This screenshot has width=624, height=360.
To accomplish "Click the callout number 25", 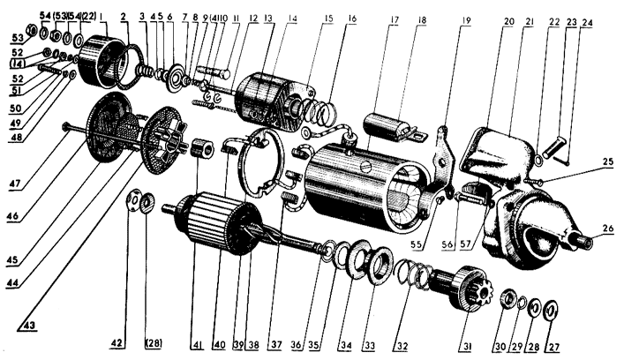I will coord(609,162).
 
